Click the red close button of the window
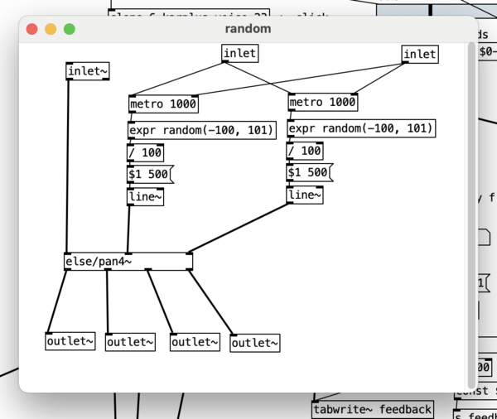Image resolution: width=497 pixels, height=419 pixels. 32,29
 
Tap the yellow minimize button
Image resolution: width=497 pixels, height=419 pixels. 51,29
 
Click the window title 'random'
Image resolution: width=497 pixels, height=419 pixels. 248,29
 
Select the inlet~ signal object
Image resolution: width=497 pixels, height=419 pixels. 87,71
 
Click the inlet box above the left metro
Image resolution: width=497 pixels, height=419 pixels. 239,54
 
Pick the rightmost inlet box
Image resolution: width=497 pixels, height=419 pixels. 419,55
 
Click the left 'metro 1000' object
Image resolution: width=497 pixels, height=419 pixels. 163,104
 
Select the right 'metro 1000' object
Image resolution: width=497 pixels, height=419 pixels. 322,103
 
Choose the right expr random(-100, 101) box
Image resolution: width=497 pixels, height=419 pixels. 360,128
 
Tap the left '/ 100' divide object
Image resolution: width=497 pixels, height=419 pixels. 145,152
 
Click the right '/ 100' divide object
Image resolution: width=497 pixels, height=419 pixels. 305,151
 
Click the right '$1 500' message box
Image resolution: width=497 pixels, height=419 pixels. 308,172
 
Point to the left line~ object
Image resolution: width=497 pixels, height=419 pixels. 145,197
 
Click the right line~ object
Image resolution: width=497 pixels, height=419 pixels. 305,195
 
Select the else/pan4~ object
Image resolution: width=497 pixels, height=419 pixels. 128,262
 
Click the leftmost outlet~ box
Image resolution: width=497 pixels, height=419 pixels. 70,341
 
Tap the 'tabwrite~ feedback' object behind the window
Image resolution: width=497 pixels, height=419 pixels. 373,409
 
